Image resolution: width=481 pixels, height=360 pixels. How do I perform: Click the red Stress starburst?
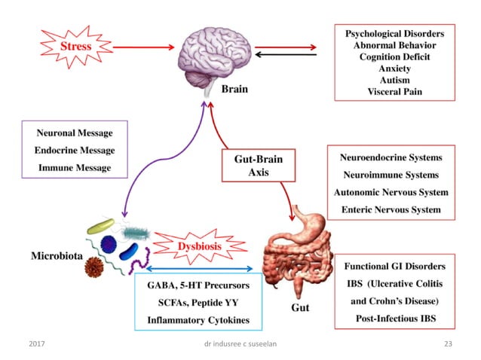click(x=75, y=47)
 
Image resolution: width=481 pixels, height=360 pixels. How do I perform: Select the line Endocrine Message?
click(x=74, y=150)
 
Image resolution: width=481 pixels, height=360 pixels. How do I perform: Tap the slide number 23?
click(x=450, y=344)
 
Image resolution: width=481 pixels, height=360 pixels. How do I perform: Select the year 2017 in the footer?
click(x=36, y=344)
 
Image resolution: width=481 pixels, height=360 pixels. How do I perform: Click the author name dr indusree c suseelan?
click(x=240, y=344)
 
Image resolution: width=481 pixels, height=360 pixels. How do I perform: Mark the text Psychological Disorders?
click(x=394, y=34)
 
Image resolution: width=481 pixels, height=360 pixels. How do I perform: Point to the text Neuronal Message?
click(x=74, y=133)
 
